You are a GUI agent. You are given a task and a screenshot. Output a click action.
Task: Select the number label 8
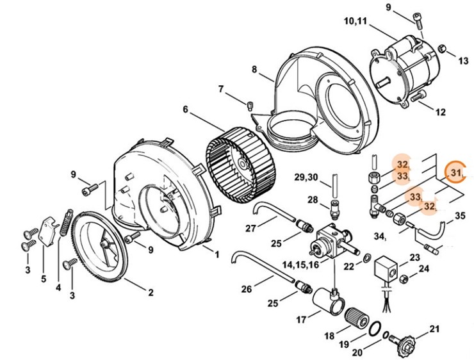[254, 69]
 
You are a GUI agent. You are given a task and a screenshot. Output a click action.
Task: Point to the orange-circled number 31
[457, 172]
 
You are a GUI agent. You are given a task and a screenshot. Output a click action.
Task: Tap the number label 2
[151, 293]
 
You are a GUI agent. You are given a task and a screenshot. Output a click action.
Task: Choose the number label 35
[460, 216]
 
